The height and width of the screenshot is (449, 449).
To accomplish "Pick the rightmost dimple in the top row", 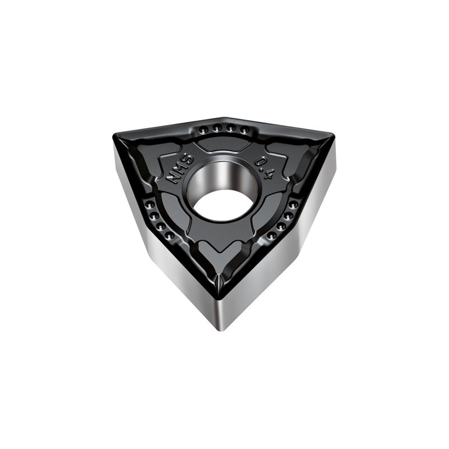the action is point(244,131).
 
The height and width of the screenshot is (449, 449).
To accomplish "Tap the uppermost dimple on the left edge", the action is point(150,204).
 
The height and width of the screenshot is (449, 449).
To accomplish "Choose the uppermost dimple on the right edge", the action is point(292,204).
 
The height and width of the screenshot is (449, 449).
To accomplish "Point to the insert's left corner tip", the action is point(114,137).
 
